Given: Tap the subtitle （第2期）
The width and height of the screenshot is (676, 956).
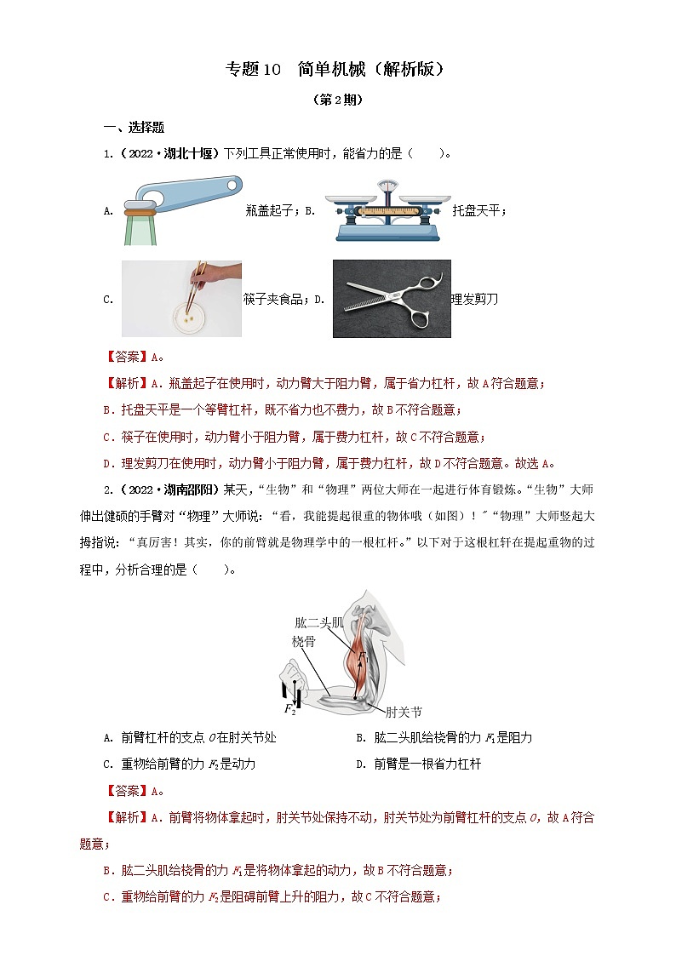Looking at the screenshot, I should click(x=338, y=100).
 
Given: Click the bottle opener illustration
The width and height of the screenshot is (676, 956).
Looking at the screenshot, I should click(x=180, y=207).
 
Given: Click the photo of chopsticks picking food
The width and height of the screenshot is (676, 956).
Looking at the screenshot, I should click(x=181, y=298).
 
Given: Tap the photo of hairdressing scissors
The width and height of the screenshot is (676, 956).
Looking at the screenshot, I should click(x=391, y=299).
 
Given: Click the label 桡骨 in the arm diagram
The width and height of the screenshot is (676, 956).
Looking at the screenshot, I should click(x=304, y=641).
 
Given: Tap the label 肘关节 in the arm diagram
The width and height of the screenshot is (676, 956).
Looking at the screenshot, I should click(x=403, y=712).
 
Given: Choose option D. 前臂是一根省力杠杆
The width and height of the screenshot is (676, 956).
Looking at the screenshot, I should click(x=418, y=764).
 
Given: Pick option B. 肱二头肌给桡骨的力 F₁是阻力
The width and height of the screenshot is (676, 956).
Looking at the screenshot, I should click(x=444, y=737).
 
